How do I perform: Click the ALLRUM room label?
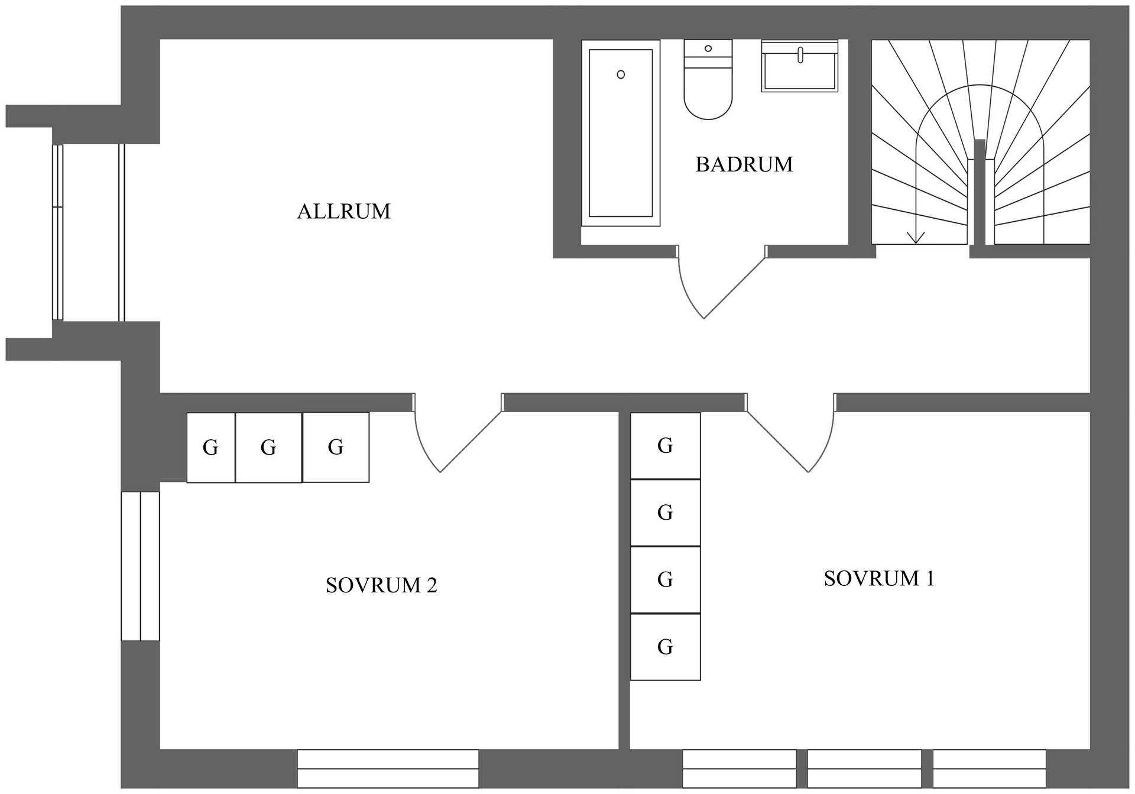(x=343, y=212)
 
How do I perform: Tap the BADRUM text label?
(x=744, y=164)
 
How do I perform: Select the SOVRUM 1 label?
(x=879, y=578)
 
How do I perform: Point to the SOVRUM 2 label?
(x=381, y=585)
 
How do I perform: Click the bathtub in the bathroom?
(x=621, y=133)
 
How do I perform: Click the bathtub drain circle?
(x=621, y=74)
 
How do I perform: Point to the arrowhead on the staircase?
(x=916, y=238)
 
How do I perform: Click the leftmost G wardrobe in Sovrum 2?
(x=211, y=448)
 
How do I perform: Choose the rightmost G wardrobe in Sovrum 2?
(x=336, y=448)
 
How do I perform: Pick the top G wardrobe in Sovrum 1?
(x=666, y=446)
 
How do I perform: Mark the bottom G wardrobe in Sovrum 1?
(x=666, y=647)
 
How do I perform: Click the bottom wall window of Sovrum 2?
(x=388, y=769)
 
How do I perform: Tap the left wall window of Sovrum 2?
(x=140, y=566)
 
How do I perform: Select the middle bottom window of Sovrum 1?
(x=864, y=769)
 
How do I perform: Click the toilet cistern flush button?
(x=708, y=48)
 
